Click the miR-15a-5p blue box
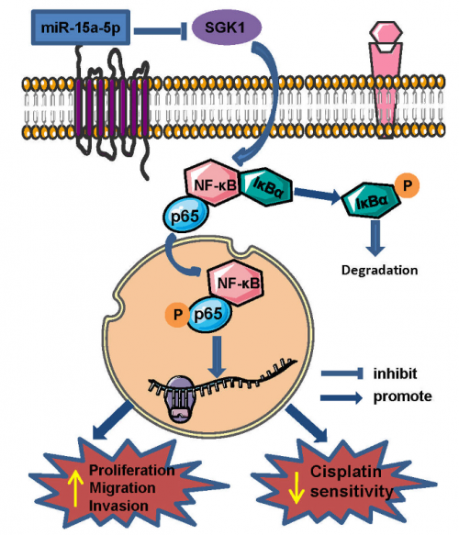point(81,28)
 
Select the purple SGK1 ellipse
point(227,27)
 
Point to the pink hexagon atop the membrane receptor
point(386,33)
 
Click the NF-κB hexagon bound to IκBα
point(213,183)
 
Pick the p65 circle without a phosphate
point(185,215)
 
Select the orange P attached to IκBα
point(407,186)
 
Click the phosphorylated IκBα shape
point(371,200)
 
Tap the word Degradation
point(379,270)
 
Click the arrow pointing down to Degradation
point(375,239)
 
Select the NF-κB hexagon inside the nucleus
point(236,283)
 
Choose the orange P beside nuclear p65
point(177,314)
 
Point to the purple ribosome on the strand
point(180,399)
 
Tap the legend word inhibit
point(395,373)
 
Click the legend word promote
point(403,396)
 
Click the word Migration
point(122,487)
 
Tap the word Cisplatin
point(346,472)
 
